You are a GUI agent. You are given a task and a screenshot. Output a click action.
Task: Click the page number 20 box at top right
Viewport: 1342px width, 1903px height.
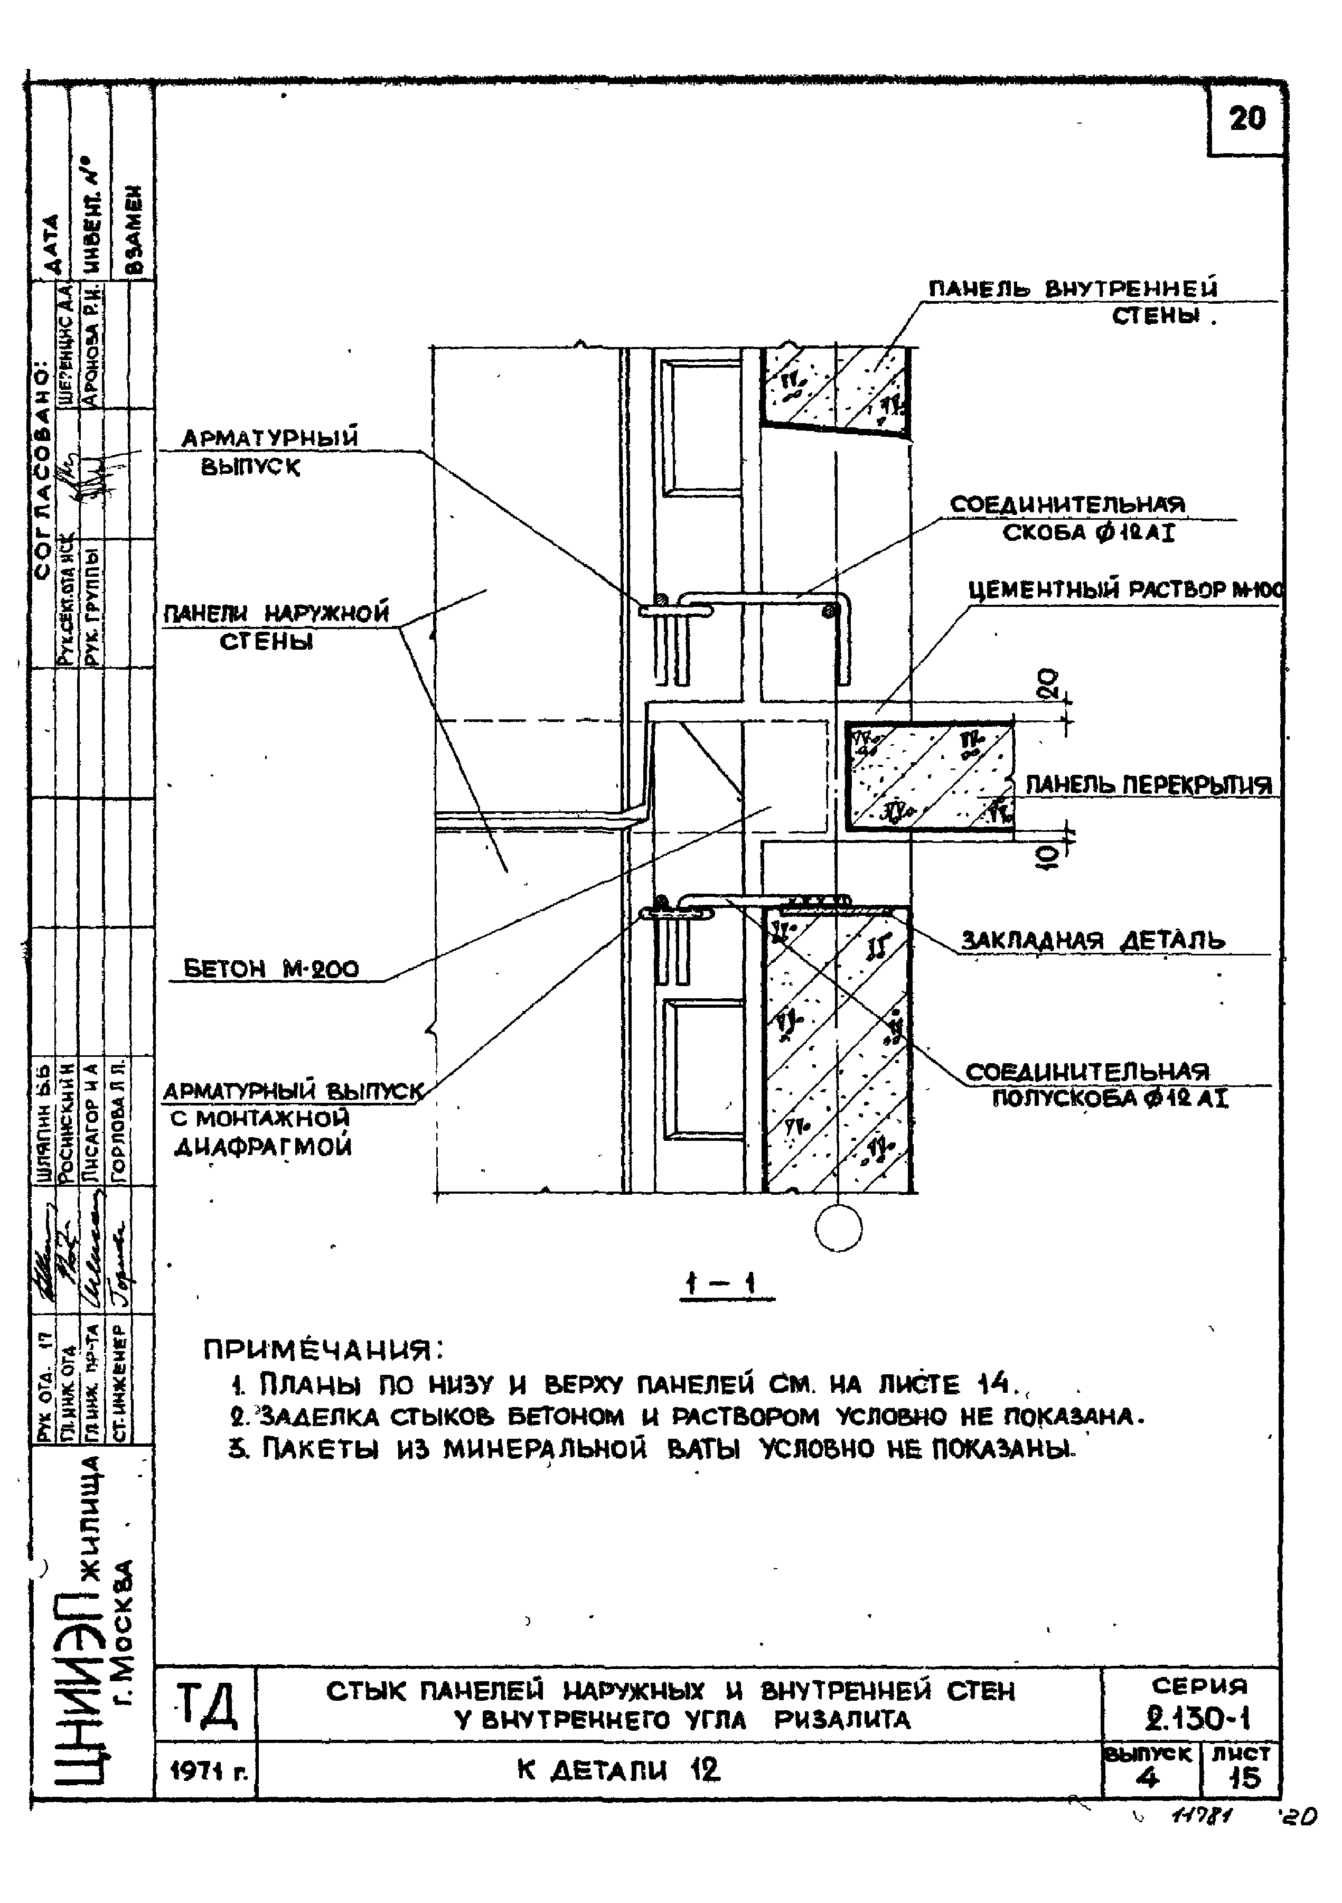[x=1246, y=120]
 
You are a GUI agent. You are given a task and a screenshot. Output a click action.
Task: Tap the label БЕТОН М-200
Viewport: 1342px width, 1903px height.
[x=271, y=969]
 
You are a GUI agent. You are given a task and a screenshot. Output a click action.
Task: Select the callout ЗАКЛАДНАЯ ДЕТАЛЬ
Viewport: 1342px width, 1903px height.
[x=1093, y=941]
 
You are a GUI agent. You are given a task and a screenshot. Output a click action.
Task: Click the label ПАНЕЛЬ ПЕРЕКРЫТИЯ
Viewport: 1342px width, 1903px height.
[x=1148, y=784]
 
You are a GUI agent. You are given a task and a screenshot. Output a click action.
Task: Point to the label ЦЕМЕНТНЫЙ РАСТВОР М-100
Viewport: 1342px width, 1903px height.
[x=1125, y=590]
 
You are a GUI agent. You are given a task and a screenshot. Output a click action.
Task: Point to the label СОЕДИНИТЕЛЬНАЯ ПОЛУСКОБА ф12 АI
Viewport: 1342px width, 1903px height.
[x=1099, y=1084]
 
